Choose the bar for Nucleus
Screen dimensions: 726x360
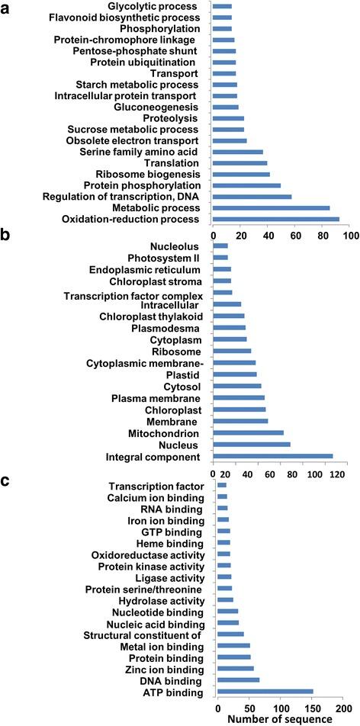[251, 445]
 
